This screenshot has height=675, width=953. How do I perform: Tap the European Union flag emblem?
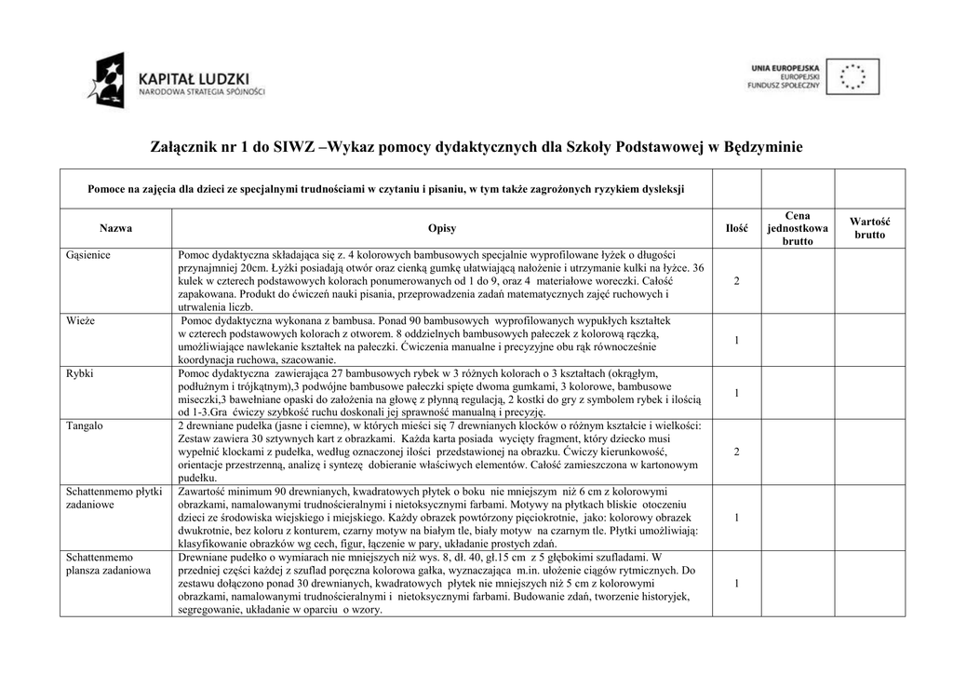point(858,76)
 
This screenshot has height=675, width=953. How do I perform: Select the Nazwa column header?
point(115,228)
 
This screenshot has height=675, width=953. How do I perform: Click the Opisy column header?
point(442,228)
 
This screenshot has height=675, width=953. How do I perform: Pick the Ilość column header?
point(737,228)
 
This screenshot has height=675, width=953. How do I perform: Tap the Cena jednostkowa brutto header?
point(798,228)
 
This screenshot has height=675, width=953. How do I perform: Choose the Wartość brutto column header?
point(869,228)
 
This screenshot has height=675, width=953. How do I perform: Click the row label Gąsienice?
point(88,254)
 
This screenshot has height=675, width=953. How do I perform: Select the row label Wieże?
point(80,319)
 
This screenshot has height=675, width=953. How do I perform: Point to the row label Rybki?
point(80,372)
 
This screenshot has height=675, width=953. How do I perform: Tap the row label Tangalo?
point(84,425)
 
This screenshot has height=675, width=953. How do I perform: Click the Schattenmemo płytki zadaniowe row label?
point(114,497)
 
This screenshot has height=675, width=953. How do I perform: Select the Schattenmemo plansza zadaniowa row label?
point(108,562)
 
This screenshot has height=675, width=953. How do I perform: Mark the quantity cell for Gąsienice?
point(737,281)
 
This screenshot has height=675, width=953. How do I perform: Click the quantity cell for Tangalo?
point(737,452)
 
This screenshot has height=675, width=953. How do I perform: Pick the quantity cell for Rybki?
point(737,393)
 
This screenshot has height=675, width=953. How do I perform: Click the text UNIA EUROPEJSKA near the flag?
point(785,69)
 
